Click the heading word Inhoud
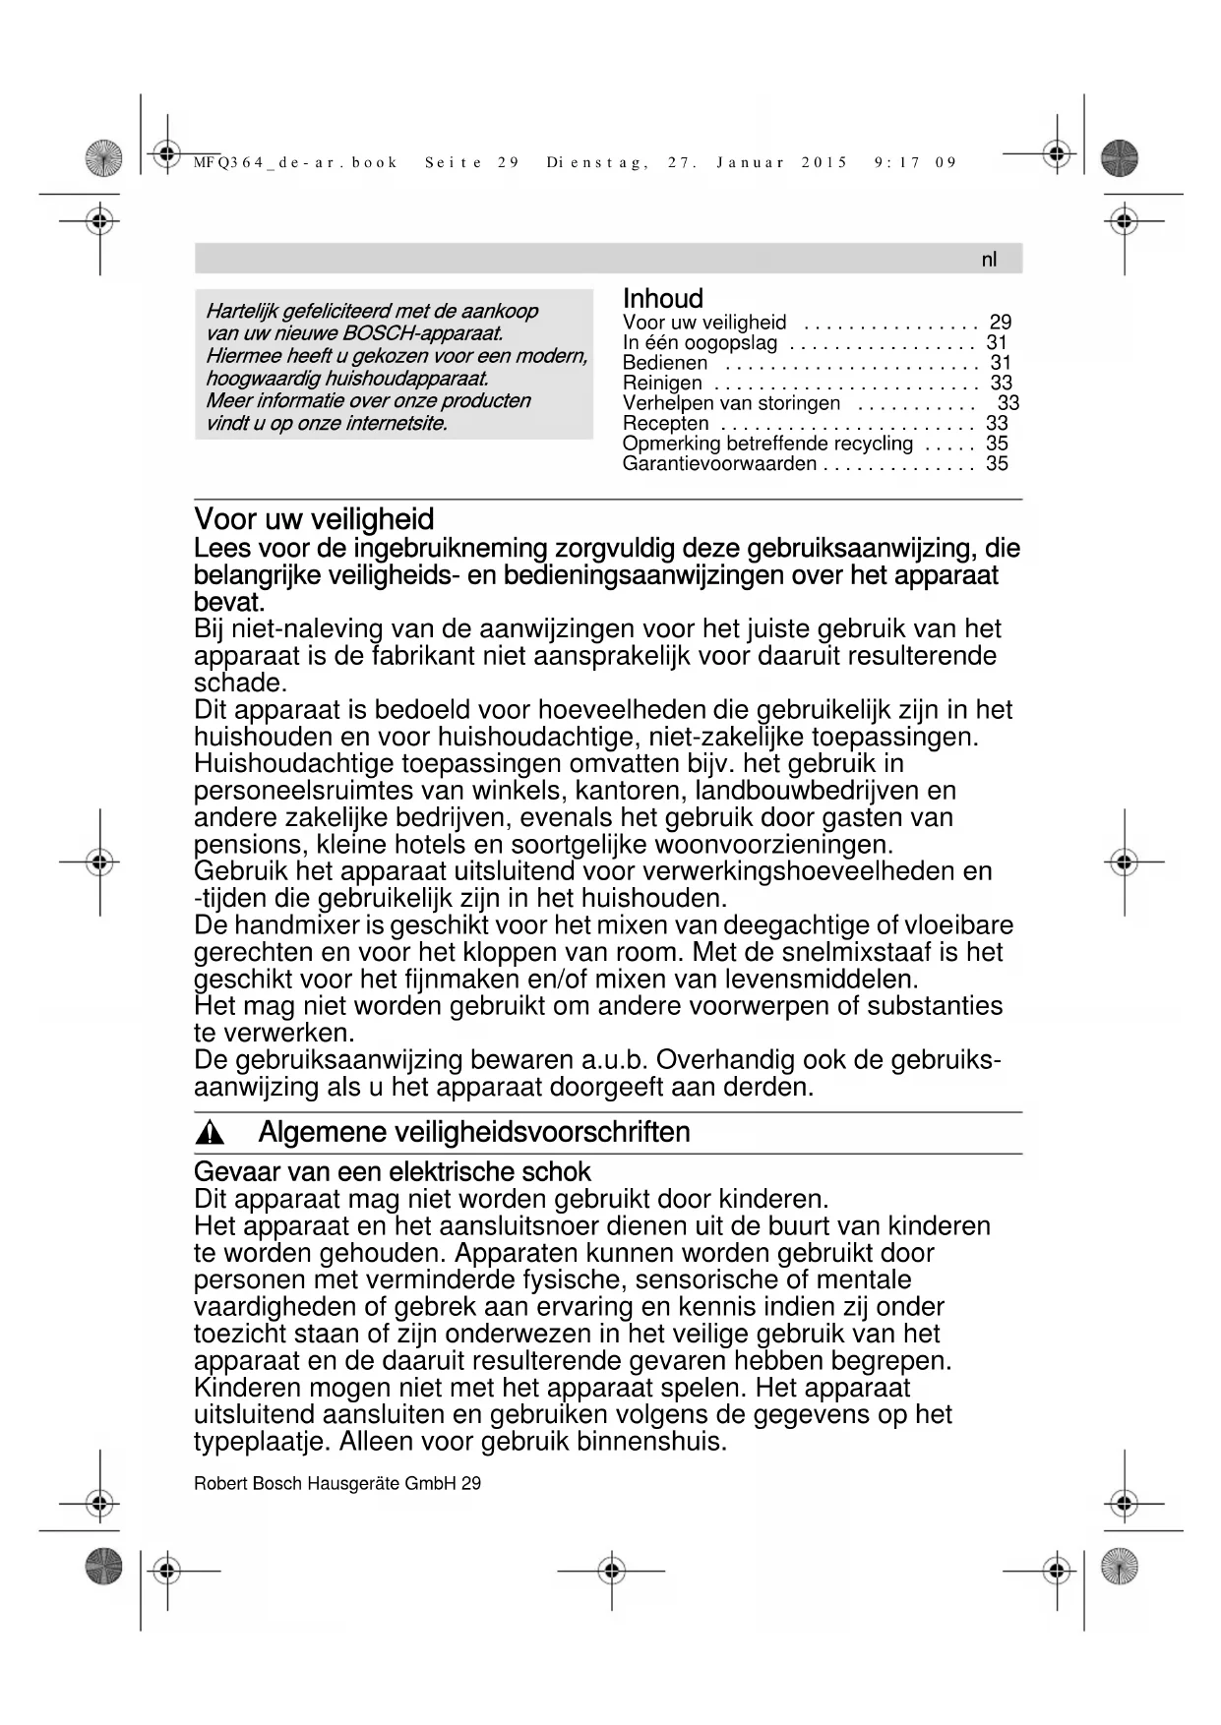click(x=663, y=299)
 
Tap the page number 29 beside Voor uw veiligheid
click(x=1001, y=323)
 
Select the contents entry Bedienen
click(x=664, y=363)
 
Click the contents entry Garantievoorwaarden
click(x=719, y=464)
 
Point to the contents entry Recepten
click(x=665, y=424)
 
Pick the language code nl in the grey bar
click(x=989, y=260)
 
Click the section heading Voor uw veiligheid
click(x=314, y=519)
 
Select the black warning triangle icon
click(x=210, y=1134)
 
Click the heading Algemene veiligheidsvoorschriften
click(x=474, y=1133)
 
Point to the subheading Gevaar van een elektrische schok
click(x=392, y=1172)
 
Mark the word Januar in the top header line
click(x=751, y=163)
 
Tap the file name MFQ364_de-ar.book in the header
click(x=295, y=163)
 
